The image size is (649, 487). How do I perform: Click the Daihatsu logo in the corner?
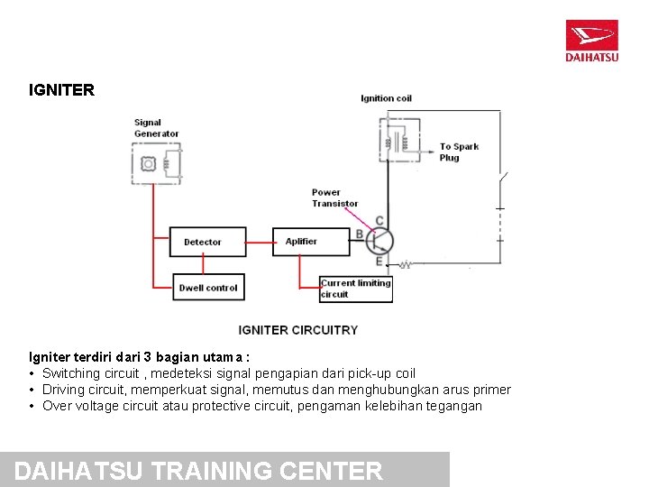tap(591, 41)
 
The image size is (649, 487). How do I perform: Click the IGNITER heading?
tap(61, 90)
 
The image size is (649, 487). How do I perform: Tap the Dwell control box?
tap(208, 288)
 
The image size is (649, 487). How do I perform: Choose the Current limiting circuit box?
tap(355, 289)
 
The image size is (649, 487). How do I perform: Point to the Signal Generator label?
tap(156, 128)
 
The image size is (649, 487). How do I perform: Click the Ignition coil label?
tap(386, 98)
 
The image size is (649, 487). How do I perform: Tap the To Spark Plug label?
tap(459, 152)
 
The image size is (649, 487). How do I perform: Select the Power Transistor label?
tap(334, 198)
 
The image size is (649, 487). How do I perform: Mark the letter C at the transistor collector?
tap(379, 221)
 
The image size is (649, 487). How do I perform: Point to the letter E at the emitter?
tap(379, 262)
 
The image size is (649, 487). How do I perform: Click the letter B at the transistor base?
tap(360, 234)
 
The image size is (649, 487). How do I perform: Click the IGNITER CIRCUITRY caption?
tap(297, 330)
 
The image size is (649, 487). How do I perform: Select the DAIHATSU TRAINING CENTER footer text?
tap(199, 471)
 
